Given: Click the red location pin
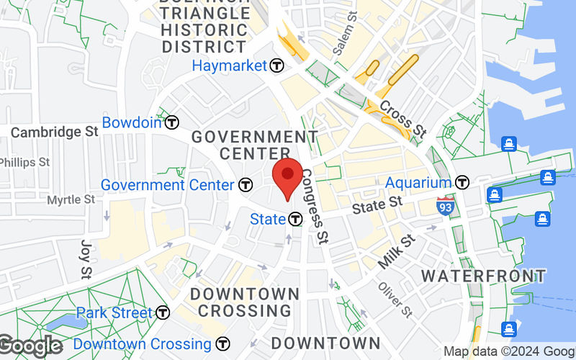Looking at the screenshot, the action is coord(288,176).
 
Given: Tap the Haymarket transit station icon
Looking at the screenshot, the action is coord(277,66).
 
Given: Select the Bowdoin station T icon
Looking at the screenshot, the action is coord(171,122).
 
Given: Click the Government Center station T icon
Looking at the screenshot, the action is coord(246,185).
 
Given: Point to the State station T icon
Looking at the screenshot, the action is coord(294,219).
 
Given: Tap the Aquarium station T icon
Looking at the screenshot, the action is coord(462,183).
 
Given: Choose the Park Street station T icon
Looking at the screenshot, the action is coord(163,313).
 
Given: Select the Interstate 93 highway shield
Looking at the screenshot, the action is coord(445,206).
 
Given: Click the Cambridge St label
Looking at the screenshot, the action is coord(54,132).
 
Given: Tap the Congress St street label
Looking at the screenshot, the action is coord(315,205).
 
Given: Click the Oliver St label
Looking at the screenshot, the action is coord(395,299).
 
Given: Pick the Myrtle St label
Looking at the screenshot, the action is coord(71,199).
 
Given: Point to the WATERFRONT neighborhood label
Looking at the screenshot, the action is coord(483,276).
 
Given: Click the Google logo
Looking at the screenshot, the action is coord(30,346).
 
